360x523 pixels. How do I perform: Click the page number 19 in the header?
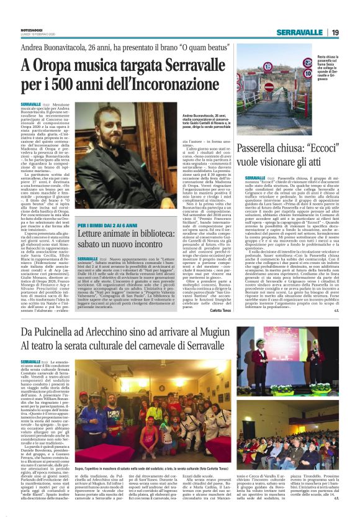pos(335,32)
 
